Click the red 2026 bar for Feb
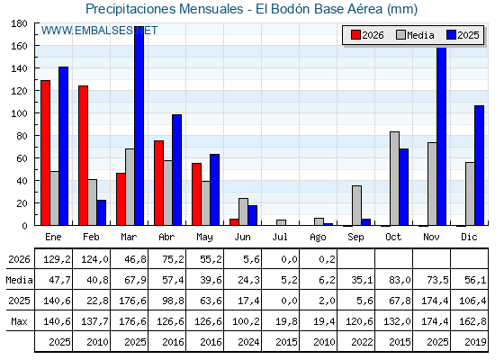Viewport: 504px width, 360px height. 83,156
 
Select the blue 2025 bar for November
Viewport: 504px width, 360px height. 442,136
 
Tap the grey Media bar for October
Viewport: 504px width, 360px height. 395,178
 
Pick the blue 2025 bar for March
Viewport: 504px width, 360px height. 139,126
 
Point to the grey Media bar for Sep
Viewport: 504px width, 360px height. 356,205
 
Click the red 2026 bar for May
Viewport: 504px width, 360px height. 197,194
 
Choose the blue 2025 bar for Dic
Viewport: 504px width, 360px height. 479,166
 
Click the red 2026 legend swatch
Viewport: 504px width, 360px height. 355,35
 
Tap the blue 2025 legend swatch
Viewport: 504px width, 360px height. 451,35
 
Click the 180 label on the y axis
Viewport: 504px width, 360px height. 19,23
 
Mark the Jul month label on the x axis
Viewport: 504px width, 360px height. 280,237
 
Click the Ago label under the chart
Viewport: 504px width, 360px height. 318,238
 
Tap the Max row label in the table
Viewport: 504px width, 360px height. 19,321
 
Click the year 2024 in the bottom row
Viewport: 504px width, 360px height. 248,342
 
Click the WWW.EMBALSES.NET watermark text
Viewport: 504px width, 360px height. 99,31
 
